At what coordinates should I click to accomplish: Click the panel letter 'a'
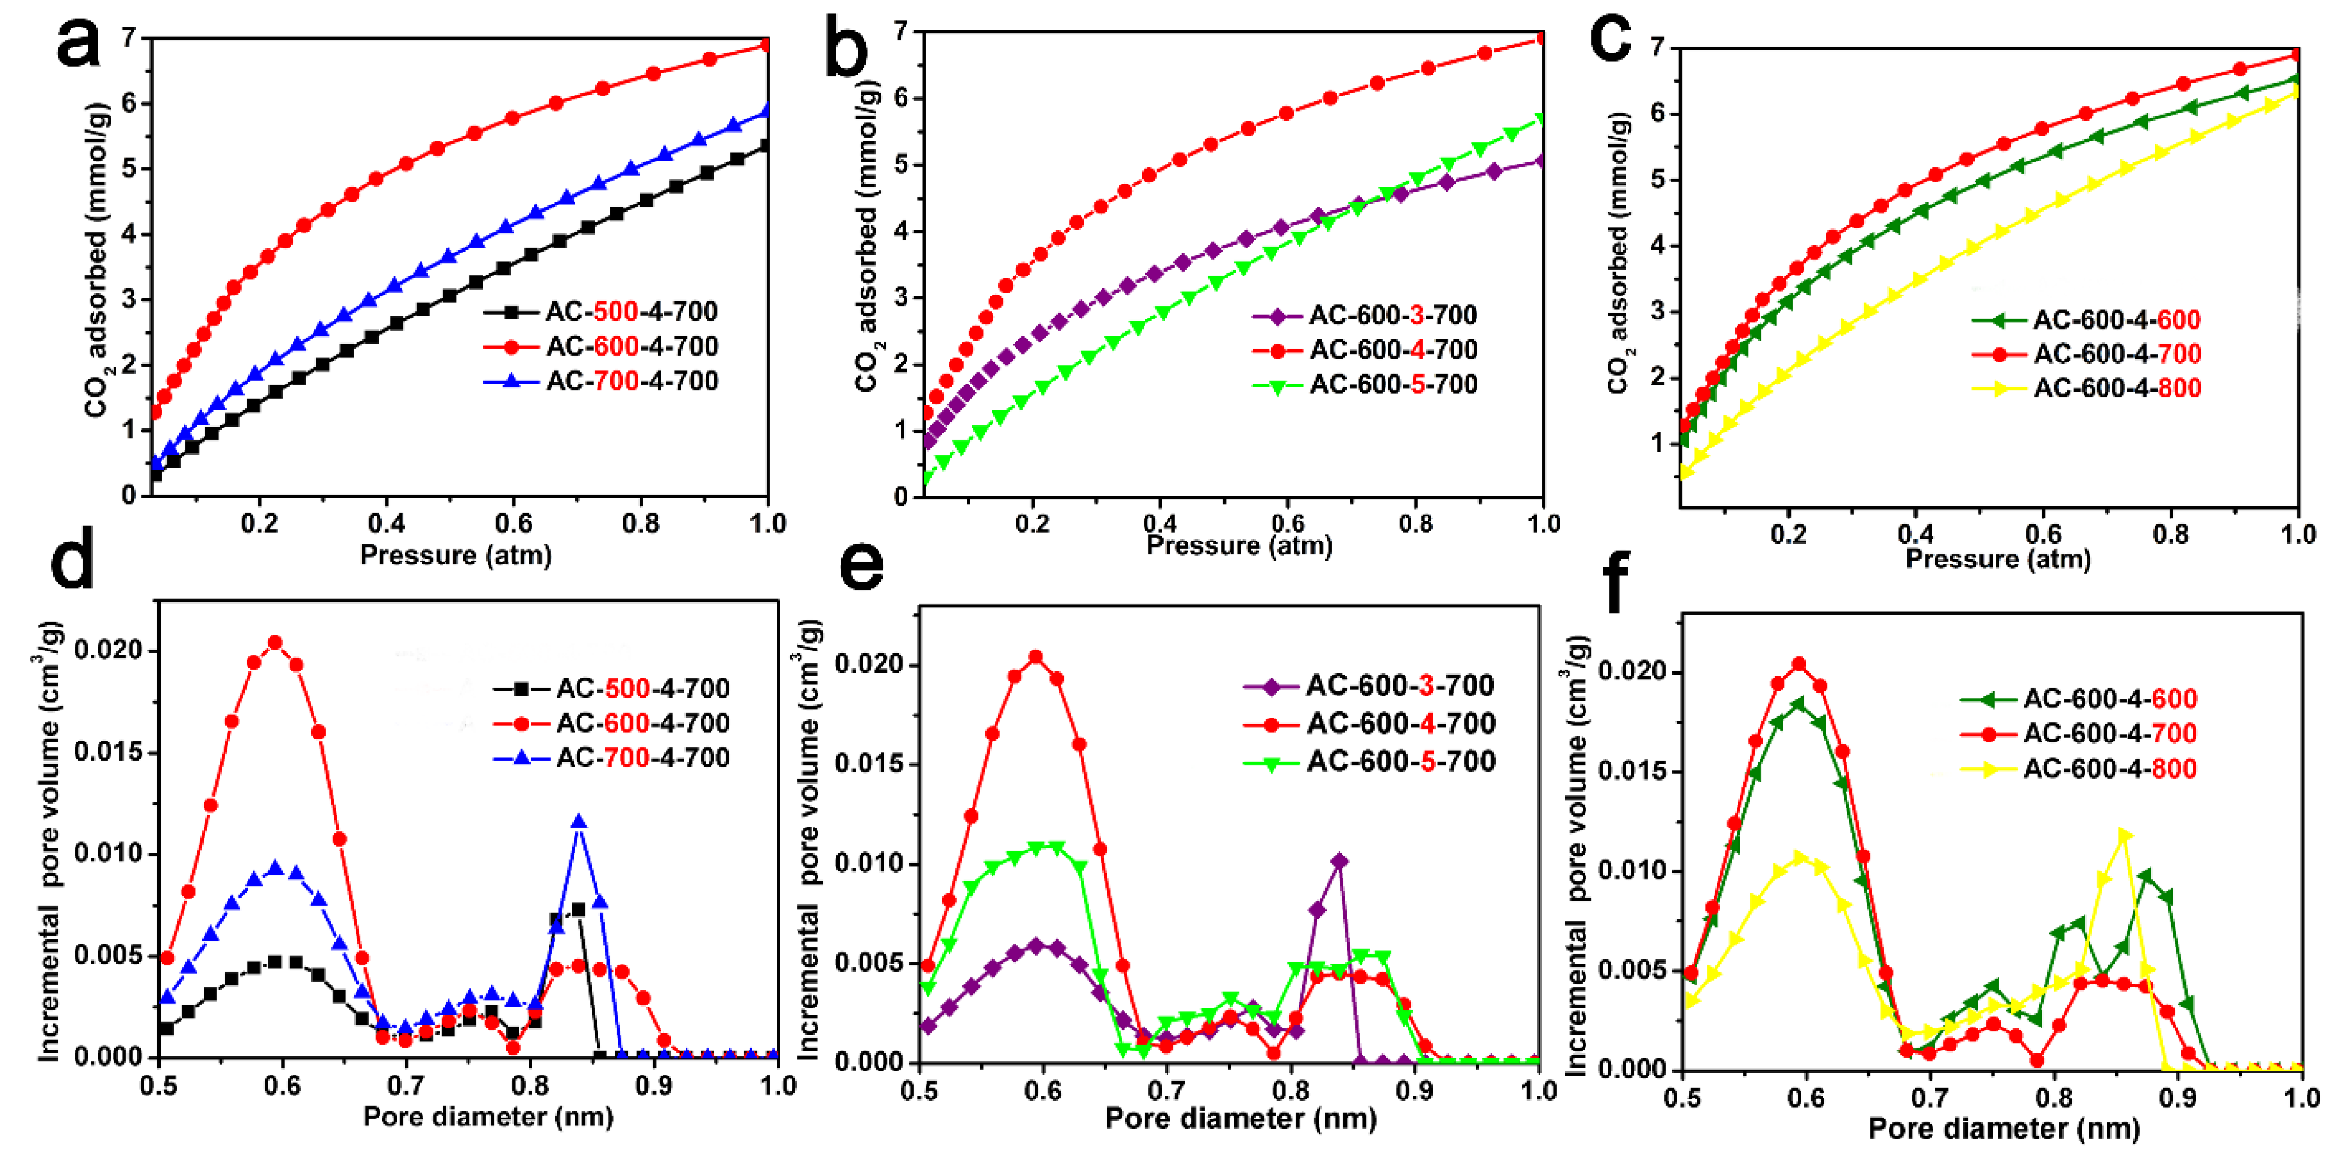point(77,44)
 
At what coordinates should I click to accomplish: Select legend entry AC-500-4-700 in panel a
point(631,312)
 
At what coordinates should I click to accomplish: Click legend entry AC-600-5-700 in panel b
point(1393,385)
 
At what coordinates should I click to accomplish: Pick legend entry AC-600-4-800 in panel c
point(2116,388)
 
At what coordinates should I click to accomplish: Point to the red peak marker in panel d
point(275,643)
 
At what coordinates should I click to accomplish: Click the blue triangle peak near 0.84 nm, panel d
point(578,822)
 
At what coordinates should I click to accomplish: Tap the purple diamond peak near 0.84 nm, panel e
point(1339,861)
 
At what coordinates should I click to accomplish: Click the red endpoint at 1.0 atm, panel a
point(765,44)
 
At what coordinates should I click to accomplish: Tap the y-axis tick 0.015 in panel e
point(868,764)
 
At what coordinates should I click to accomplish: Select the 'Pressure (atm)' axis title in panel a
point(455,555)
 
